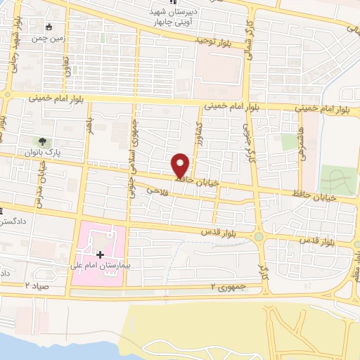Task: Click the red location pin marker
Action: tap(181, 165)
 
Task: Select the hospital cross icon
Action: tap(99, 253)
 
